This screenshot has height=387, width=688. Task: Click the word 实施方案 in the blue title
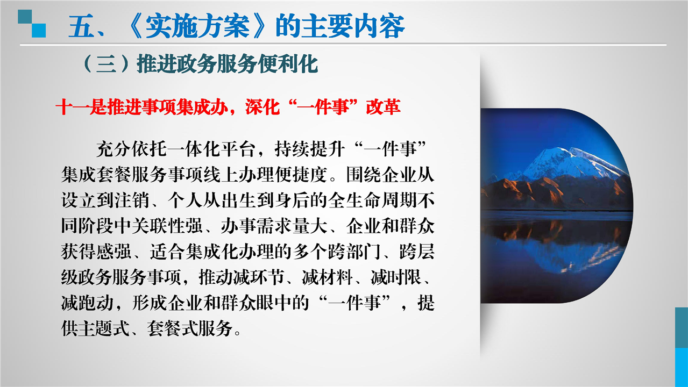tap(197, 26)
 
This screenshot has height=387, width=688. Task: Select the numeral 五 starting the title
tap(81, 27)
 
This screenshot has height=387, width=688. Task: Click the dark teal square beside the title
tap(25, 17)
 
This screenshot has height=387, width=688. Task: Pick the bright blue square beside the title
tap(39, 31)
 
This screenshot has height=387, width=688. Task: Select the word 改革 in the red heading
tap(383, 107)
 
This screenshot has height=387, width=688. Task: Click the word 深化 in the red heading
tap(263, 107)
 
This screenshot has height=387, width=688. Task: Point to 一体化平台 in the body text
tap(211, 149)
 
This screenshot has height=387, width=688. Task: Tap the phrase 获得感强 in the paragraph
tap(96, 252)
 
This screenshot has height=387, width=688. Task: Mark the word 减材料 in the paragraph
tap(327, 278)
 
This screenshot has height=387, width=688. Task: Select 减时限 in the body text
tap(396, 278)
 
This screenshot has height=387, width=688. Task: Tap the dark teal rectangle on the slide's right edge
tap(682, 327)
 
